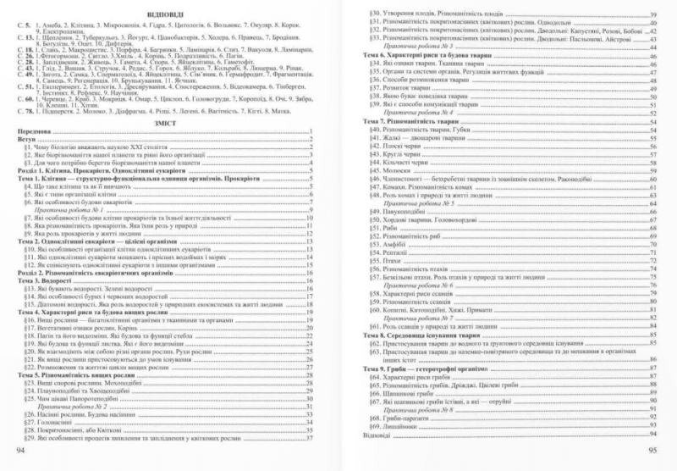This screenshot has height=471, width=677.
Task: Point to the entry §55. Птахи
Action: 394,264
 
